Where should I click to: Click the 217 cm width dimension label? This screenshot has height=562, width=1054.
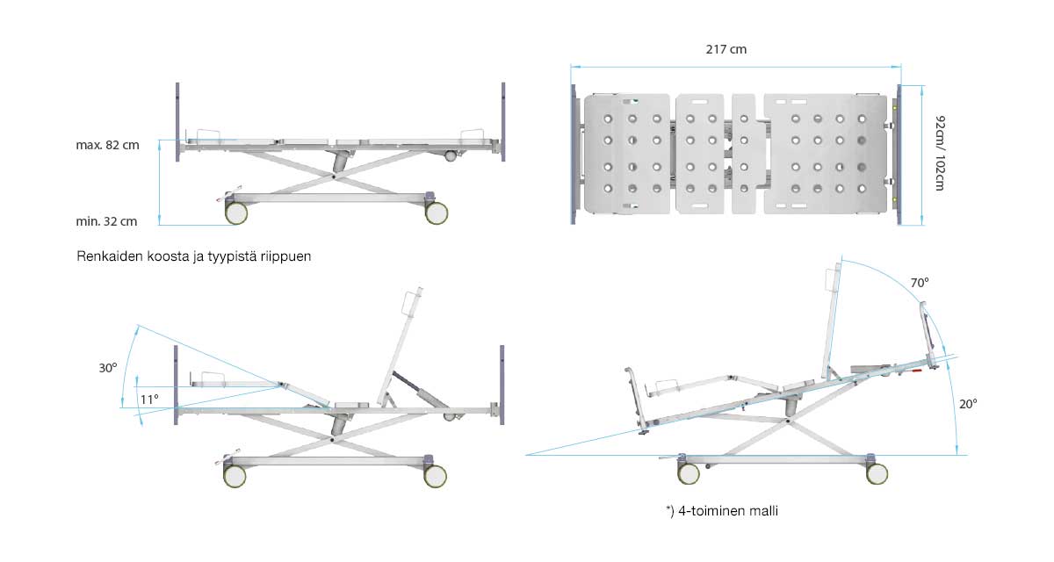tap(726, 50)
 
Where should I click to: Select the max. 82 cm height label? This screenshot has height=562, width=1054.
tap(107, 146)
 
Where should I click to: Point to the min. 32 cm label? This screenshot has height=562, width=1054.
tap(107, 221)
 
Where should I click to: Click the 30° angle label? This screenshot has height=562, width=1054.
tap(107, 369)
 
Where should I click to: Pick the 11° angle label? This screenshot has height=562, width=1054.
tap(149, 400)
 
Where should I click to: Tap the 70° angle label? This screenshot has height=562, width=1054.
tap(919, 284)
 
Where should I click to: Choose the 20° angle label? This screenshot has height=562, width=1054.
tap(968, 404)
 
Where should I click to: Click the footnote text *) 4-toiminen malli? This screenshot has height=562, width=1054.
tap(722, 510)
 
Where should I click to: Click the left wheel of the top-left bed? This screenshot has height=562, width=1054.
tap(236, 213)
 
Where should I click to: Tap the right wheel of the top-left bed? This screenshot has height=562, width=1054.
tap(437, 213)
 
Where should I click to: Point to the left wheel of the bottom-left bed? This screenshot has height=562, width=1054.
tap(235, 476)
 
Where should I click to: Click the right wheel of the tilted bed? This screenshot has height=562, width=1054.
tap(877, 473)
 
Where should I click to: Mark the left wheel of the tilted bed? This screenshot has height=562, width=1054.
tap(689, 473)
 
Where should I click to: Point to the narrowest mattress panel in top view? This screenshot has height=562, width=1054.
tap(744, 154)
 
